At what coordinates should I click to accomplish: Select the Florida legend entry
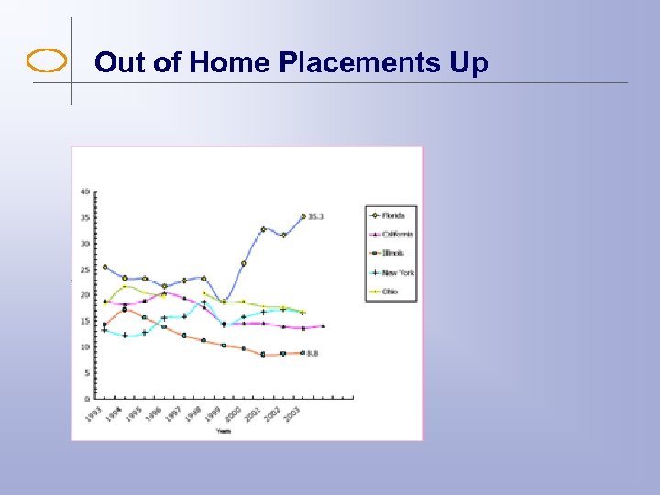(x=391, y=215)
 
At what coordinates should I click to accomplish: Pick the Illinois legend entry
(x=391, y=253)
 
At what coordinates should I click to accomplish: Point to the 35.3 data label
(x=316, y=216)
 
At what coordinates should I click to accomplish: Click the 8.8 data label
(x=313, y=353)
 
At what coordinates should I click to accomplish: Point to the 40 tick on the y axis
(x=85, y=192)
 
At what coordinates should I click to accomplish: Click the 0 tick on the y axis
(x=87, y=399)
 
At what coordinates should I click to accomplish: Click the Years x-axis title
(x=224, y=430)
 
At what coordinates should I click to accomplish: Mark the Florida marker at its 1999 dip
(x=224, y=302)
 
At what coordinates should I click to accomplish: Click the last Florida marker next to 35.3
(x=303, y=216)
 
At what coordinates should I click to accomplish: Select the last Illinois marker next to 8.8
(x=302, y=353)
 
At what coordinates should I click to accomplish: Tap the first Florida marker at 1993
(x=104, y=267)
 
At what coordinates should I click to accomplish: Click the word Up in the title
(x=468, y=63)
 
